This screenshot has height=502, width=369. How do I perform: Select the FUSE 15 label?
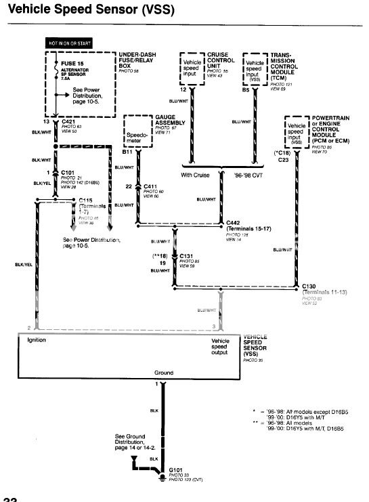pyautogui.click(x=63, y=63)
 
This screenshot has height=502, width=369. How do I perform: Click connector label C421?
pyautogui.click(x=69, y=122)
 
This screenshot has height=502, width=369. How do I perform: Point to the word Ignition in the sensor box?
pyautogui.click(x=37, y=339)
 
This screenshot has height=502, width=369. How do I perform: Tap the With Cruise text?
pyautogui.click(x=196, y=175)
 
